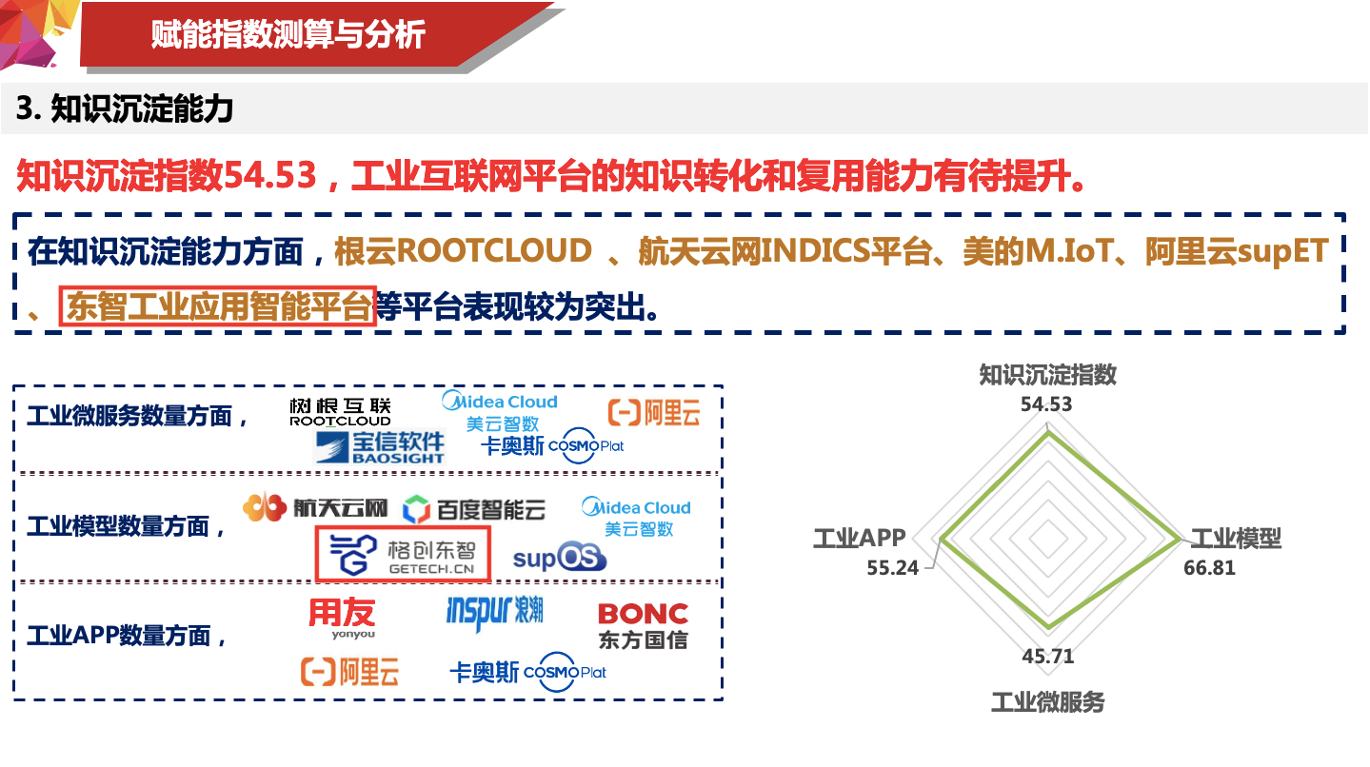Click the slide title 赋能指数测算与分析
point(288,35)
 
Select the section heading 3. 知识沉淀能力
point(125,109)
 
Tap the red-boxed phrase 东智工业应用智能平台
point(218,306)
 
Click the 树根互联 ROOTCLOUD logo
point(340,412)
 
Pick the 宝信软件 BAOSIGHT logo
point(380,446)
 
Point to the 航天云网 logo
point(315,508)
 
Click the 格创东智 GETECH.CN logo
point(403,554)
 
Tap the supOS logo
point(559,558)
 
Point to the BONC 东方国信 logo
point(643,625)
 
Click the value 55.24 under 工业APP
point(892,567)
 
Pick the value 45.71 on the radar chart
point(1047,657)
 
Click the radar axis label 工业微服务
point(1047,702)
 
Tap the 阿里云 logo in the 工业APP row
point(349,672)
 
